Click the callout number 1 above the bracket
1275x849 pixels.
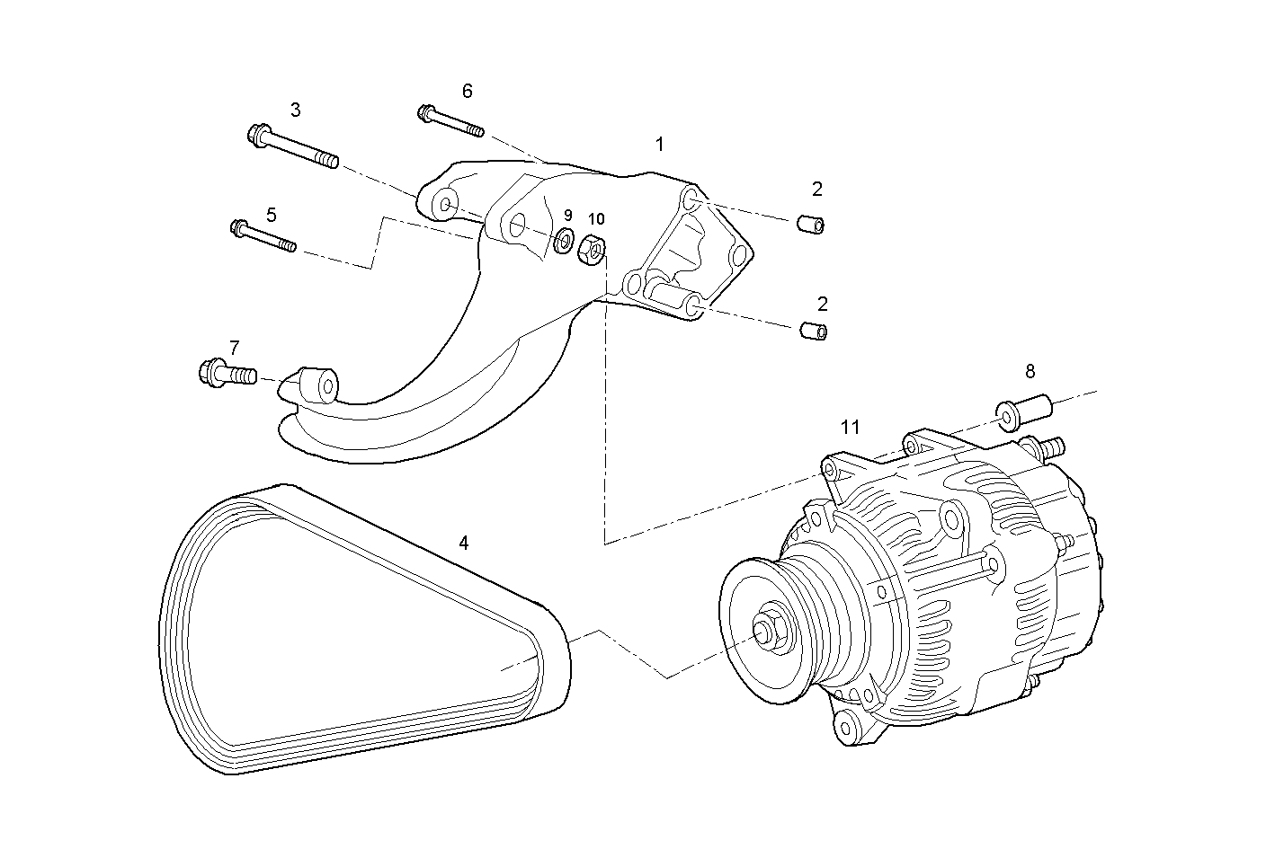pyautogui.click(x=659, y=144)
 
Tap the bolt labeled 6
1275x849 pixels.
pyautogui.click(x=450, y=122)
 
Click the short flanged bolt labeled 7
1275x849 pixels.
pyautogui.click(x=227, y=371)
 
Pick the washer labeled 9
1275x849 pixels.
pyautogui.click(x=566, y=240)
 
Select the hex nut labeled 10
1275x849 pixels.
pyautogui.click(x=593, y=248)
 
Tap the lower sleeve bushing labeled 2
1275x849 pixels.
pyautogui.click(x=813, y=331)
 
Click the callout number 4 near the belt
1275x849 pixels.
pyautogui.click(x=463, y=543)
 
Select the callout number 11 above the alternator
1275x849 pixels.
pyautogui.click(x=851, y=427)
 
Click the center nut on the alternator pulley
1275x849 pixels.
pyautogui.click(x=770, y=632)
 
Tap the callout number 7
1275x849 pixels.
pyautogui.click(x=235, y=347)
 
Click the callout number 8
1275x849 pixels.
pyautogui.click(x=1030, y=371)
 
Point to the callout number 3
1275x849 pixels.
pyautogui.click(x=295, y=110)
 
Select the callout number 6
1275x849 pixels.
pyautogui.click(x=467, y=91)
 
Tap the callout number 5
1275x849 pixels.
pyautogui.click(x=271, y=215)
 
